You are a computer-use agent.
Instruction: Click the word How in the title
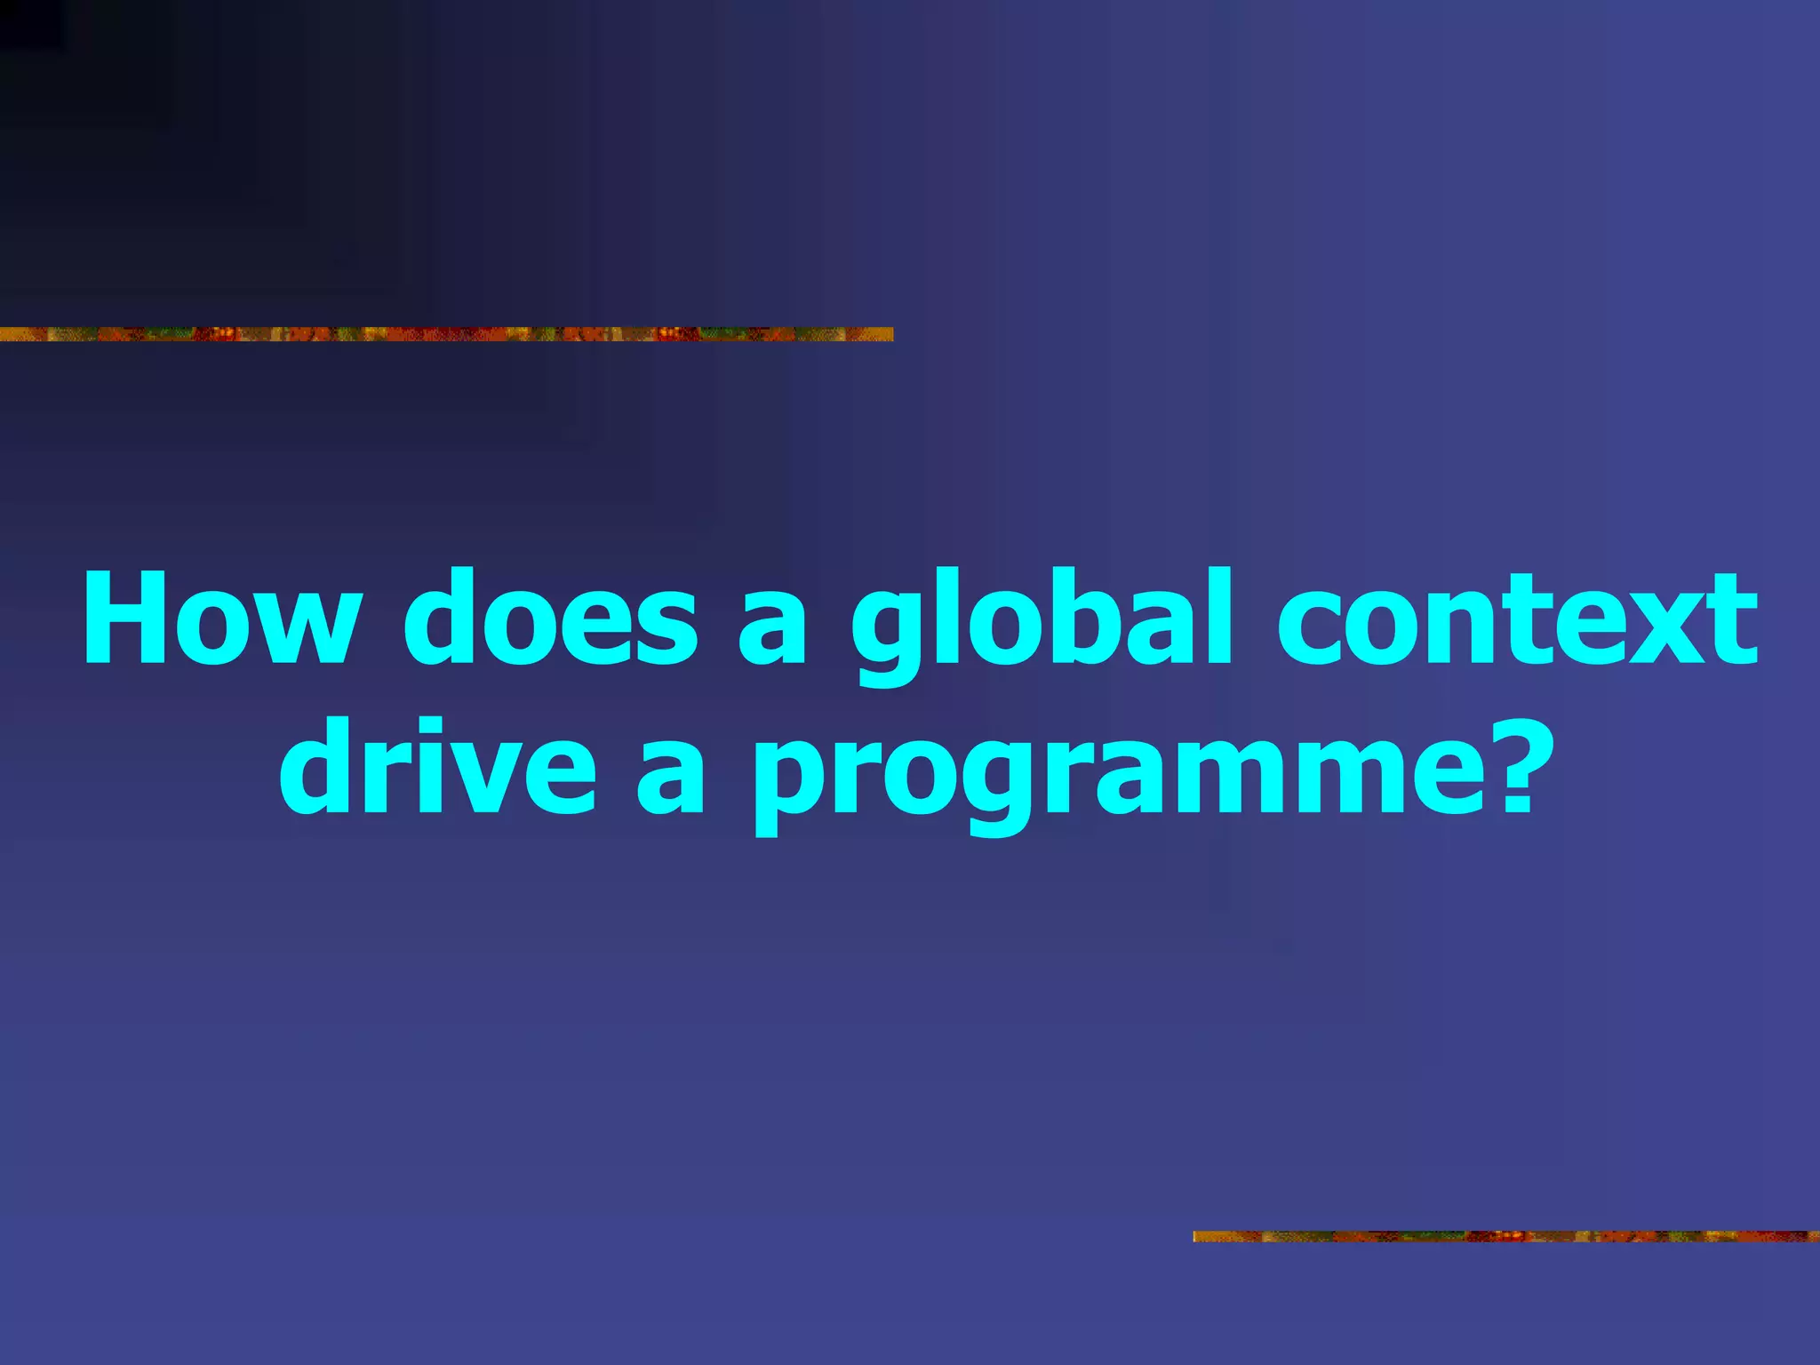coord(222,618)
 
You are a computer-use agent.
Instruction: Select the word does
coord(550,618)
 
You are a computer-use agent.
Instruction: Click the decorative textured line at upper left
coord(444,334)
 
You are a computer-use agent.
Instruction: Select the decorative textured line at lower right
coord(1505,1236)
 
